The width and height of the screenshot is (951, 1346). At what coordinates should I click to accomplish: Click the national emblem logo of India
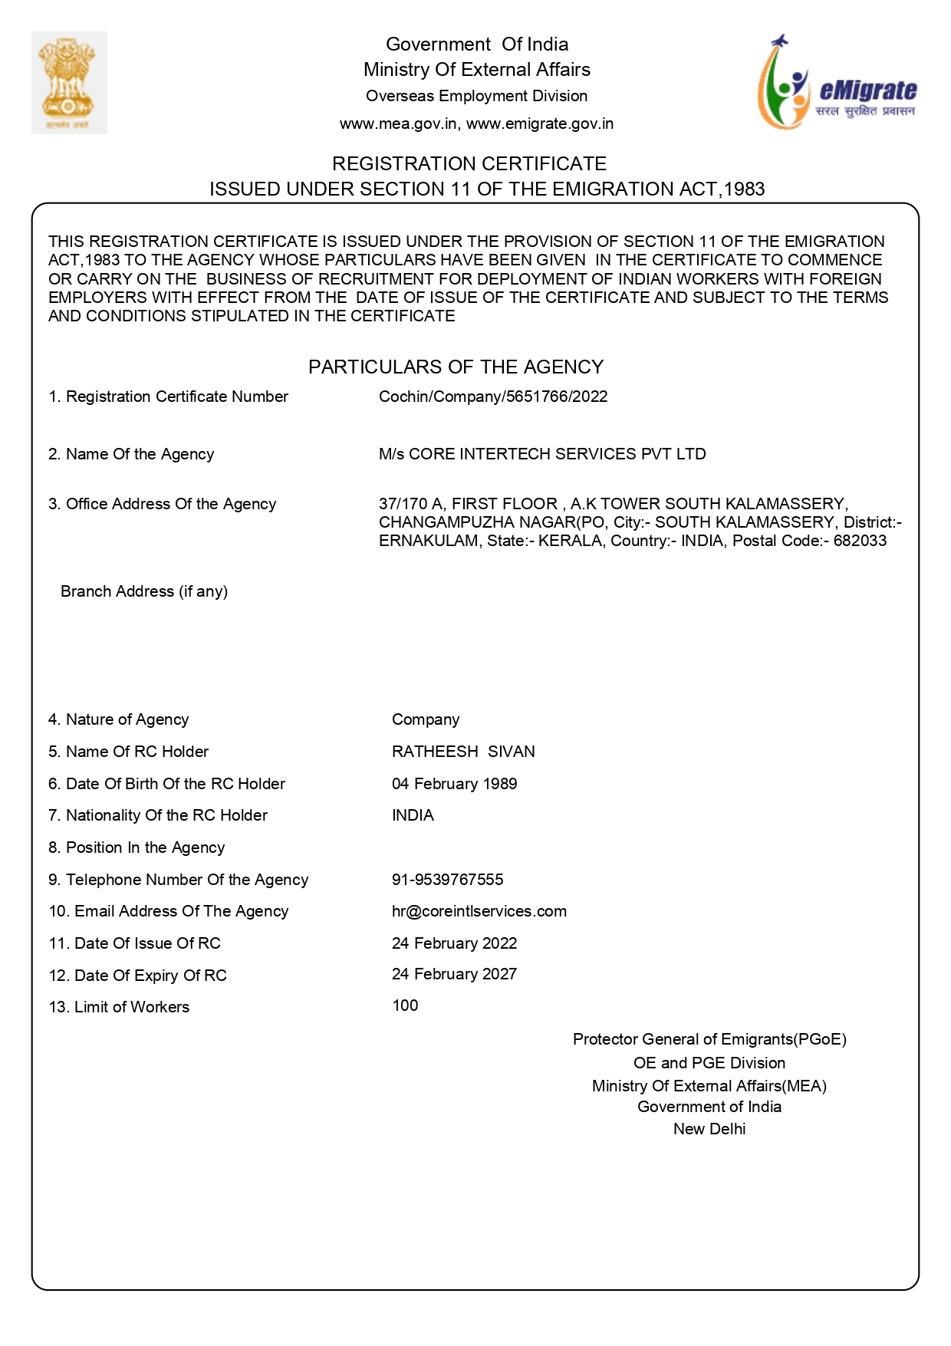point(69,82)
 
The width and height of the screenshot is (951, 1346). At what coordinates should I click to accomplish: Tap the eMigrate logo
point(837,83)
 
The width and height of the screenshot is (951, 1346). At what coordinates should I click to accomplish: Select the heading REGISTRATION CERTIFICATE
point(469,163)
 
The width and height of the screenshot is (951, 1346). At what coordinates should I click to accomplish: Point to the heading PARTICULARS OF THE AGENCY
point(456,367)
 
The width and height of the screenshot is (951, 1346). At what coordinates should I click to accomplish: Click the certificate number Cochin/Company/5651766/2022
point(492,397)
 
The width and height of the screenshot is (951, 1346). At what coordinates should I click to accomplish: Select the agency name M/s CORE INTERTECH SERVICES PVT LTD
point(541,454)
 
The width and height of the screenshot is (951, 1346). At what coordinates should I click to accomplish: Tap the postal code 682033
point(860,541)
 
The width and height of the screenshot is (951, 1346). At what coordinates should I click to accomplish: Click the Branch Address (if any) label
point(144,591)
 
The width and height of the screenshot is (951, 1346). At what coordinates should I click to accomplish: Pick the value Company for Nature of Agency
point(426,719)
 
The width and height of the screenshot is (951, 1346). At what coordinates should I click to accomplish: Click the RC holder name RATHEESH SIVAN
point(463,752)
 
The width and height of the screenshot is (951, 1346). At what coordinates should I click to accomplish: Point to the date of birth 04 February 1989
point(454,784)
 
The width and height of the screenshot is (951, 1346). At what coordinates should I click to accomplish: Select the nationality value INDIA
point(413,815)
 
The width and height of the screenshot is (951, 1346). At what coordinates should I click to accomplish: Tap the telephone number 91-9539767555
point(447,880)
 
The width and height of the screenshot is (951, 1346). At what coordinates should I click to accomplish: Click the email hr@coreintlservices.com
point(479,911)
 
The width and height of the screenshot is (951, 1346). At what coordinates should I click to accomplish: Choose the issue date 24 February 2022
point(454,943)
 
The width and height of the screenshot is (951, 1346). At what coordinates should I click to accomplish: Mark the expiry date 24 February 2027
point(454,974)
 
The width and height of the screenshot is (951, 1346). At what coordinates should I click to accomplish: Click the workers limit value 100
point(405,1005)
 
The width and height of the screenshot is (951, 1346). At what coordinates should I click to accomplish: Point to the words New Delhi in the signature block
point(709,1129)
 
